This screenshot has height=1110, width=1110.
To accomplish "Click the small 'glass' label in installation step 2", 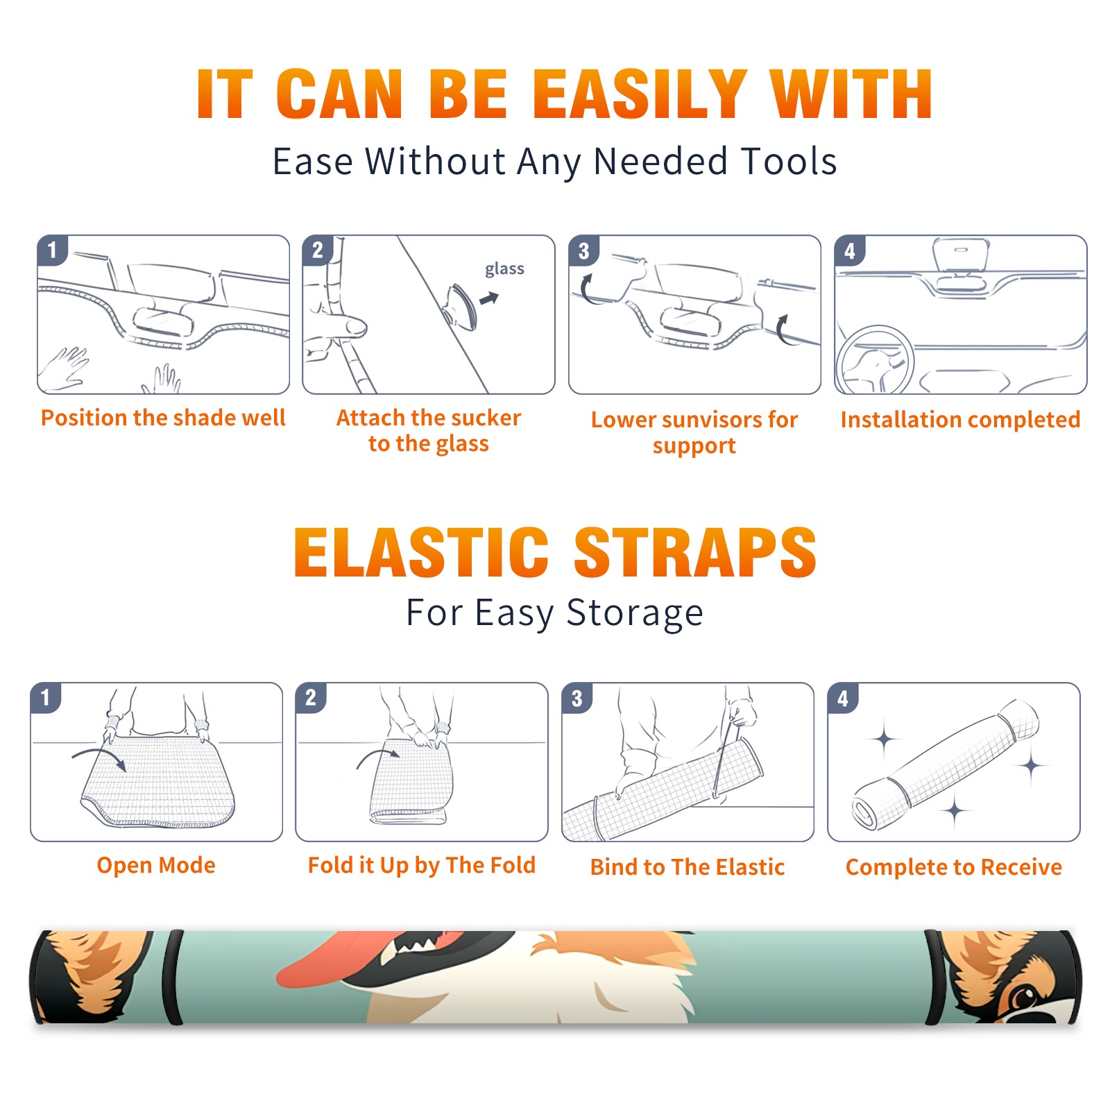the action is (x=504, y=269).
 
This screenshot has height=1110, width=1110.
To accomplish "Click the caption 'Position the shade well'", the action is (x=163, y=418).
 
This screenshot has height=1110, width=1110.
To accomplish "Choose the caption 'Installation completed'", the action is (x=960, y=420).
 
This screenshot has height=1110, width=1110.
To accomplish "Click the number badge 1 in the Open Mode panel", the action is (x=46, y=697).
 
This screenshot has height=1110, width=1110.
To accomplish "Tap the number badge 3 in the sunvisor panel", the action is (x=583, y=250).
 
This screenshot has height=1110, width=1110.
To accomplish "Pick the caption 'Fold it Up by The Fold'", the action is (x=422, y=866).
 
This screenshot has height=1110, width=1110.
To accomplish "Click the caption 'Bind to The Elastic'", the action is (x=688, y=867).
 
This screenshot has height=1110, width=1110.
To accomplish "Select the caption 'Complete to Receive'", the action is (x=954, y=867).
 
